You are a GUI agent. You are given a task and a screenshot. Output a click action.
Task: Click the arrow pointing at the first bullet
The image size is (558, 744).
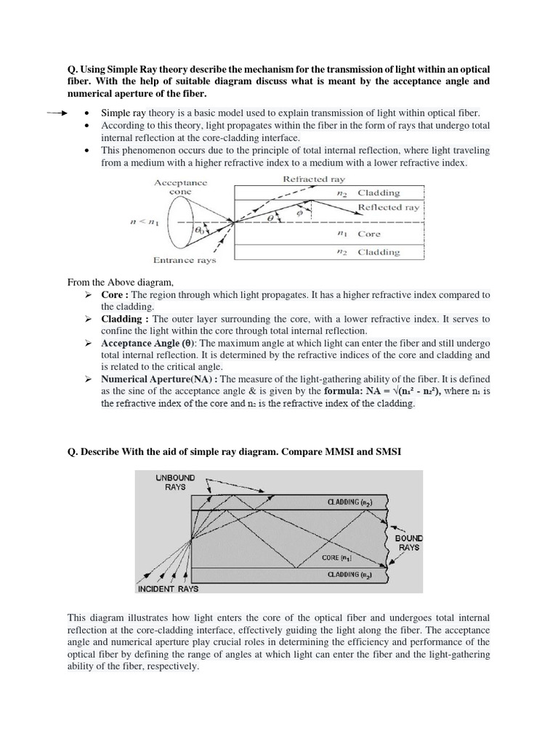(x=57, y=113)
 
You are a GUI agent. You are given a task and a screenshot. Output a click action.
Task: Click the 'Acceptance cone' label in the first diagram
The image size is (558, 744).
(x=180, y=187)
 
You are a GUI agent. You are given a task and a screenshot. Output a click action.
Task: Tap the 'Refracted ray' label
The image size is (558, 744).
(x=314, y=178)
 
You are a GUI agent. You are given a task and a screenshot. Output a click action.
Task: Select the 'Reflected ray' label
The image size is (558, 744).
(x=389, y=207)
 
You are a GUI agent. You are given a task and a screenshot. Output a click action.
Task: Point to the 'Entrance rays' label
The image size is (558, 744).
(x=185, y=259)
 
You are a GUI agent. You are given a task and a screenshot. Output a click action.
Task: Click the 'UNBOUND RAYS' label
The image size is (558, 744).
(x=175, y=482)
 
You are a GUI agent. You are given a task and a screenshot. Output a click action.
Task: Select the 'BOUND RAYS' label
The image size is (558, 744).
(x=409, y=543)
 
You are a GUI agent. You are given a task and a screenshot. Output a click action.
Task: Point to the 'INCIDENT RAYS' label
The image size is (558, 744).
(x=168, y=589)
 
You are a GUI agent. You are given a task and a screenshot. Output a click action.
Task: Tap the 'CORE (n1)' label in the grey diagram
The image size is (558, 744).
(x=338, y=558)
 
